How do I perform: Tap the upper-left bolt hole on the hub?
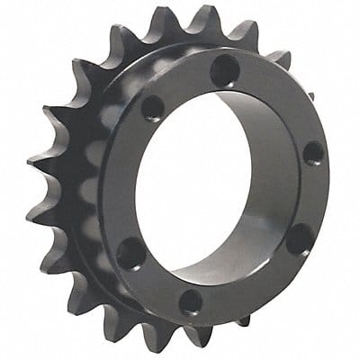154,108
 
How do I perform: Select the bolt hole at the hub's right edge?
312,152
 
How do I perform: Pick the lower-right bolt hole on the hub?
300,239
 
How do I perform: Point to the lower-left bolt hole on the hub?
131,254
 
